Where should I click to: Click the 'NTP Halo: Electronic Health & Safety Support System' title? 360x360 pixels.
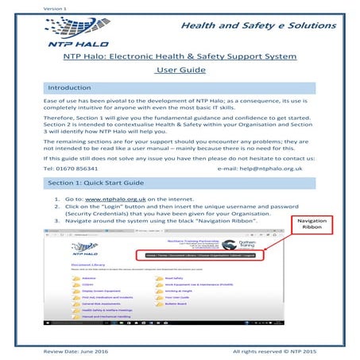tap(179, 57)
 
